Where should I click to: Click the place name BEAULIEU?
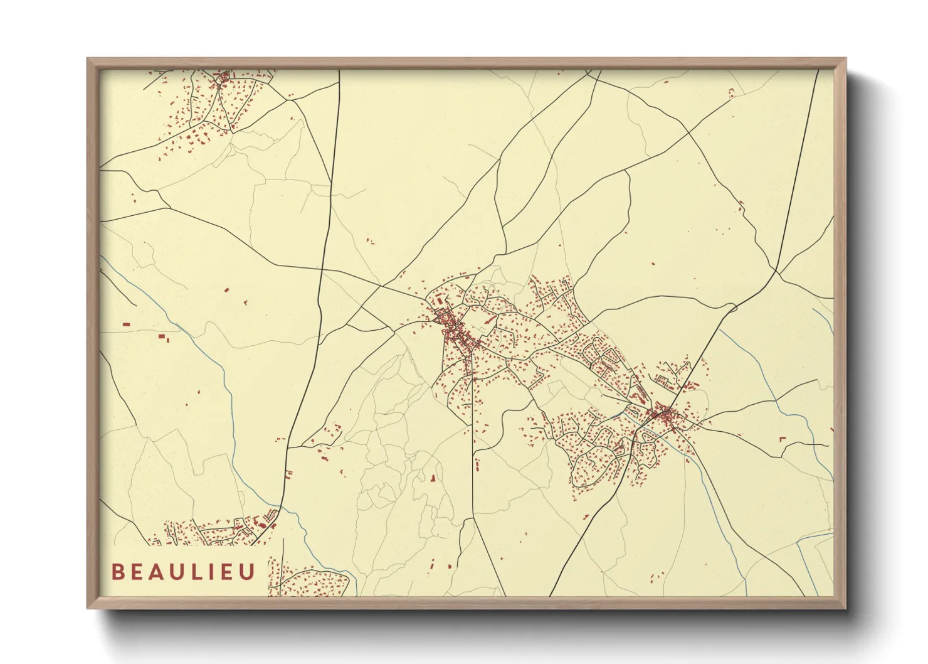184,572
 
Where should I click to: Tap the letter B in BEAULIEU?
117,572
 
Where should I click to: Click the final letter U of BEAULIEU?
248,572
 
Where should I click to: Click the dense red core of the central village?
455,329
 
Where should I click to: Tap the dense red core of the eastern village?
663,415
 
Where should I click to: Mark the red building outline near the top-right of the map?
731,93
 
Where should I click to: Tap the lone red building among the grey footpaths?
432,478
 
